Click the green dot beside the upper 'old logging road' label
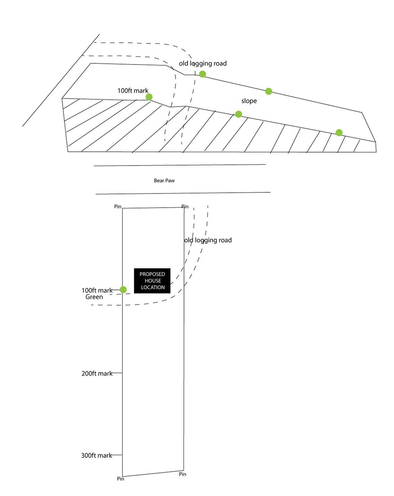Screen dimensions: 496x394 pos(202,74)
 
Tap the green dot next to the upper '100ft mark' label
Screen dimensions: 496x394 pos(149,97)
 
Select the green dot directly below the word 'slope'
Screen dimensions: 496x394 pos(239,114)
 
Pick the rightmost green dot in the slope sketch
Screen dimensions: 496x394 pos(339,133)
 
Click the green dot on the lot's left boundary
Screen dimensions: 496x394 pos(123,290)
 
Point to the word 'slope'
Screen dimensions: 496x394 pos(249,101)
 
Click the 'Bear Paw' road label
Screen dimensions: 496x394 pos(164,181)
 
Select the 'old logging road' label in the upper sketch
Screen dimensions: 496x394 pos(203,64)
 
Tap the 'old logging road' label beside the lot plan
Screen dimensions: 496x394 pos(208,240)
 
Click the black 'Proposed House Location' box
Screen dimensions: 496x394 pos(152,281)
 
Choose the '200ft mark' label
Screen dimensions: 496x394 pos(97,374)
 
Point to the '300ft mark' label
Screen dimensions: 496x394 pos(97,456)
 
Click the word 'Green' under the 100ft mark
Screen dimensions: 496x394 pos(94,297)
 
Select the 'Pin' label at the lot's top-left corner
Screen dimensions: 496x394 pos(118,207)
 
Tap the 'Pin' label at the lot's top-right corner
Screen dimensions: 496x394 pos(185,207)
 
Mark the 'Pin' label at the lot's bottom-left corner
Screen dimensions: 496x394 pos(121,479)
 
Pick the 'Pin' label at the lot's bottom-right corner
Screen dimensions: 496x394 pos(183,474)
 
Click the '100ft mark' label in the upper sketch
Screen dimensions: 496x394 pos(133,91)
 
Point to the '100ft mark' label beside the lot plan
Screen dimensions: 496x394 pos(97,291)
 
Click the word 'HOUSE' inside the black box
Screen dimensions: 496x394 pos(153,281)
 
